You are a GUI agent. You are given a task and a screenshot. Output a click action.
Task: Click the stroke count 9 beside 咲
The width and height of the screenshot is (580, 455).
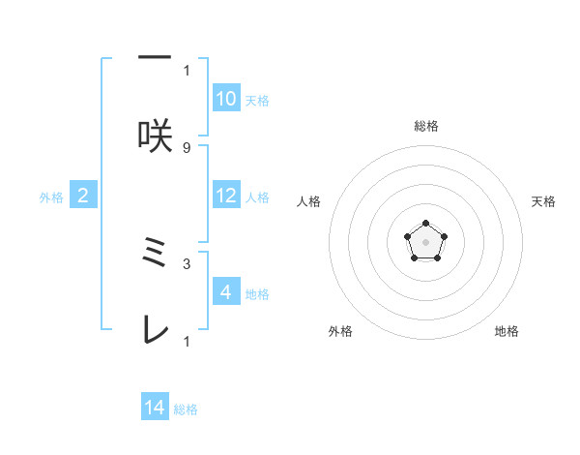(x=187, y=147)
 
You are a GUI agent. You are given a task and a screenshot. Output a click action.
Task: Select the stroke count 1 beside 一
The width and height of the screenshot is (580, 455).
(x=187, y=70)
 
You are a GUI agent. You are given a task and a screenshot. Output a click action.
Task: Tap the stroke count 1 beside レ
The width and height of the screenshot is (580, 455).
(x=187, y=341)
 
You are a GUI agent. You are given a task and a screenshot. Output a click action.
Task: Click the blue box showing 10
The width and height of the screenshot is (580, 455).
(x=226, y=99)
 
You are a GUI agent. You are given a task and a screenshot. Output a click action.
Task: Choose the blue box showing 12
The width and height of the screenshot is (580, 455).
(x=226, y=196)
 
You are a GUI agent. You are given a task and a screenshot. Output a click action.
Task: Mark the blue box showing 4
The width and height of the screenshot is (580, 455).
(x=226, y=292)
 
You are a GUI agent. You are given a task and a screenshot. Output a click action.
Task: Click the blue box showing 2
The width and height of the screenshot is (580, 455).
(x=83, y=196)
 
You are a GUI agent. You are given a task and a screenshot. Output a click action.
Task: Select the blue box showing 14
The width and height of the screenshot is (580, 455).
(x=155, y=409)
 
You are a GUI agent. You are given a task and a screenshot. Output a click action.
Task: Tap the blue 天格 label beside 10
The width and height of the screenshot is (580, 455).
(x=257, y=101)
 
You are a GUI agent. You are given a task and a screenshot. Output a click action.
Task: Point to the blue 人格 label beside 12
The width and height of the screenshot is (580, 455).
(x=257, y=197)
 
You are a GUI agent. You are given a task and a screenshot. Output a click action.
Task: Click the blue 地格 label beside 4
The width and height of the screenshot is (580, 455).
(x=257, y=294)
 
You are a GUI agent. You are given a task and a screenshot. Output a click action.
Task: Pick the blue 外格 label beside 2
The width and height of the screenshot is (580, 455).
(x=51, y=197)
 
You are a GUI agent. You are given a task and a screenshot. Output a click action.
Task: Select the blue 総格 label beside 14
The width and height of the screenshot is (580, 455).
(x=186, y=410)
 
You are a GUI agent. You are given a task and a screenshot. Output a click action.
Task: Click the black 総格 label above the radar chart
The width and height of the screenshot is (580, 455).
(x=425, y=126)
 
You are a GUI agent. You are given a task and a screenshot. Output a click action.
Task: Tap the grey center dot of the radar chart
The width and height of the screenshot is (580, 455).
(x=425, y=240)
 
